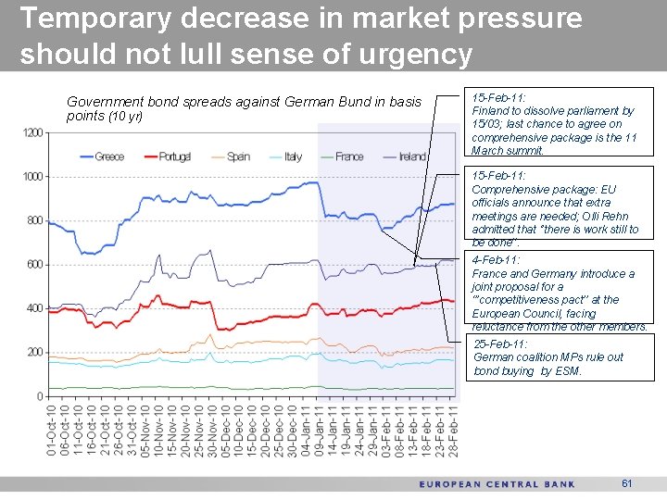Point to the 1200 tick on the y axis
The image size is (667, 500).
click(31, 132)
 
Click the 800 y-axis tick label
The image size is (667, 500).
click(34, 220)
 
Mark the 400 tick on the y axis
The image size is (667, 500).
click(34, 308)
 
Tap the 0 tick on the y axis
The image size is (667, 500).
click(40, 396)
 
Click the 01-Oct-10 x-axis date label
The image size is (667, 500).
click(52, 430)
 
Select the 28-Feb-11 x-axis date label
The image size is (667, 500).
click(453, 430)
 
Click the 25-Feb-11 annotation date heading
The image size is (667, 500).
click(501, 344)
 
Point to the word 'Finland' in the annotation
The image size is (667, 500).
click(494, 110)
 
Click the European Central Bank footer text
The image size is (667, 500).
click(497, 484)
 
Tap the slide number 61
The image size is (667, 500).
click(627, 483)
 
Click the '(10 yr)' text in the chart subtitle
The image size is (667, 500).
click(127, 117)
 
